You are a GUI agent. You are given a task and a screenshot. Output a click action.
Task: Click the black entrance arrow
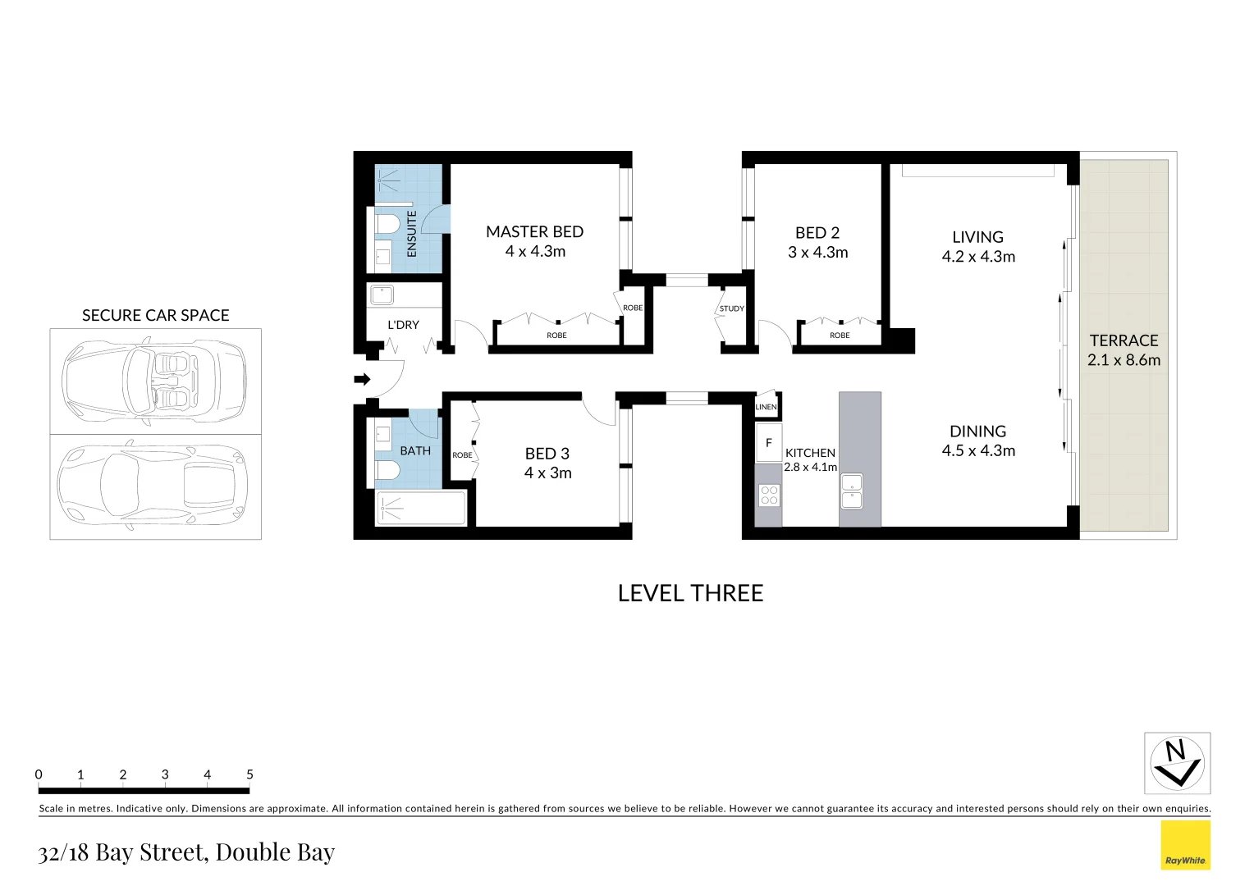click(x=362, y=379)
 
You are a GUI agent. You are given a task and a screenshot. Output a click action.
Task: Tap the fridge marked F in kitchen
click(x=768, y=443)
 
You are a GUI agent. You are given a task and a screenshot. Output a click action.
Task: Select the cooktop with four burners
click(x=769, y=496)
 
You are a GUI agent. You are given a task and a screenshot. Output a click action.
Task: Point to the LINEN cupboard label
click(x=766, y=407)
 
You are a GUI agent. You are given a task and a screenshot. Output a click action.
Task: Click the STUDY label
click(x=731, y=308)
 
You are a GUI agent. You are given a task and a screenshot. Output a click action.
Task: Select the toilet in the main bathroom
click(x=387, y=470)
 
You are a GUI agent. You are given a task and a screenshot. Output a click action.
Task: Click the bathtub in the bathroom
click(x=420, y=508)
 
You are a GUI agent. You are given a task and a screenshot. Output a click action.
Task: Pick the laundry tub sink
click(x=382, y=295)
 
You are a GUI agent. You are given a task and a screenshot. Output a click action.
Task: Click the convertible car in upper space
click(x=155, y=381)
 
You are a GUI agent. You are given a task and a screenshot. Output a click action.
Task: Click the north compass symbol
click(x=1177, y=763)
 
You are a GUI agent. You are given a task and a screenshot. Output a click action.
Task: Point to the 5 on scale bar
click(x=249, y=774)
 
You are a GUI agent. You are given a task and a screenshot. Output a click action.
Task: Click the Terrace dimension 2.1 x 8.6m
click(x=1124, y=360)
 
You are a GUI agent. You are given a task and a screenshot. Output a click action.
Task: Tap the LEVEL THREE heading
click(x=690, y=593)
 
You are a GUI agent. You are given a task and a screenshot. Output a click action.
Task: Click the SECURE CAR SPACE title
click(x=155, y=315)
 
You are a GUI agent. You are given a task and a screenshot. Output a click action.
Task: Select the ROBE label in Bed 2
click(x=840, y=336)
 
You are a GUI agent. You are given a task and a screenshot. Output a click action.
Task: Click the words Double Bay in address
click(x=275, y=852)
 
